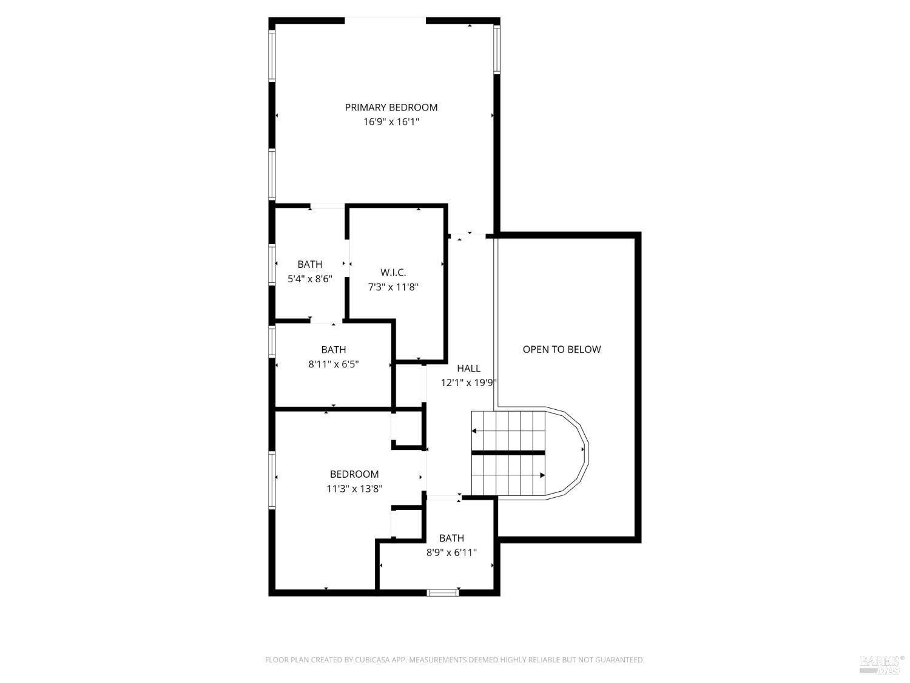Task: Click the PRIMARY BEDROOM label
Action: point(391,107)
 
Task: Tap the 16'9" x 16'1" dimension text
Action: point(391,122)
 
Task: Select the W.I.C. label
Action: point(393,273)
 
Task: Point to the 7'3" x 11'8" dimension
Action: point(393,287)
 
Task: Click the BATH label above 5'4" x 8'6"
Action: point(309,264)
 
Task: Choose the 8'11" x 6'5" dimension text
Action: point(333,364)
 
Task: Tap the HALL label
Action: point(468,369)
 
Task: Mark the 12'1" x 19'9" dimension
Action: point(468,382)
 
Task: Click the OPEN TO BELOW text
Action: point(561,349)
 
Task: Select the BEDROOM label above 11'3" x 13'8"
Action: point(354,474)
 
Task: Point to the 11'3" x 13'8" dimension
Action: point(354,489)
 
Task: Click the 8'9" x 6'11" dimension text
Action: point(451,552)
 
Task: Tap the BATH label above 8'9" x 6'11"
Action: point(451,538)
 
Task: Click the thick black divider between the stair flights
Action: point(508,452)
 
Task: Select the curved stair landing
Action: point(567,453)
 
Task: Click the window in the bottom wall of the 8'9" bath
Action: point(443,593)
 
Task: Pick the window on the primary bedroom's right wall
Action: point(497,49)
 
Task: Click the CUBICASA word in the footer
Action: point(372,659)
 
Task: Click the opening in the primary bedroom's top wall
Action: point(385,19)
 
